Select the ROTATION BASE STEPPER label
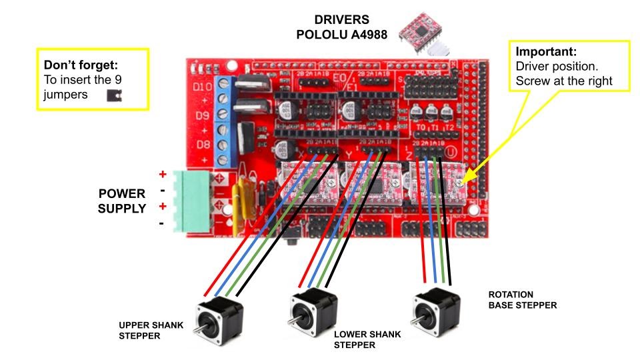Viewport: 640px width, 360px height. [522, 300]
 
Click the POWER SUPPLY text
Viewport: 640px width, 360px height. [122, 201]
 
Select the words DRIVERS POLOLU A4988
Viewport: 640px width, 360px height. [341, 27]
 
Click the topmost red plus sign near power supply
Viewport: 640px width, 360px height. [162, 175]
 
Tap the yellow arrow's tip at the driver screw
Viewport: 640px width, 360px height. [461, 181]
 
